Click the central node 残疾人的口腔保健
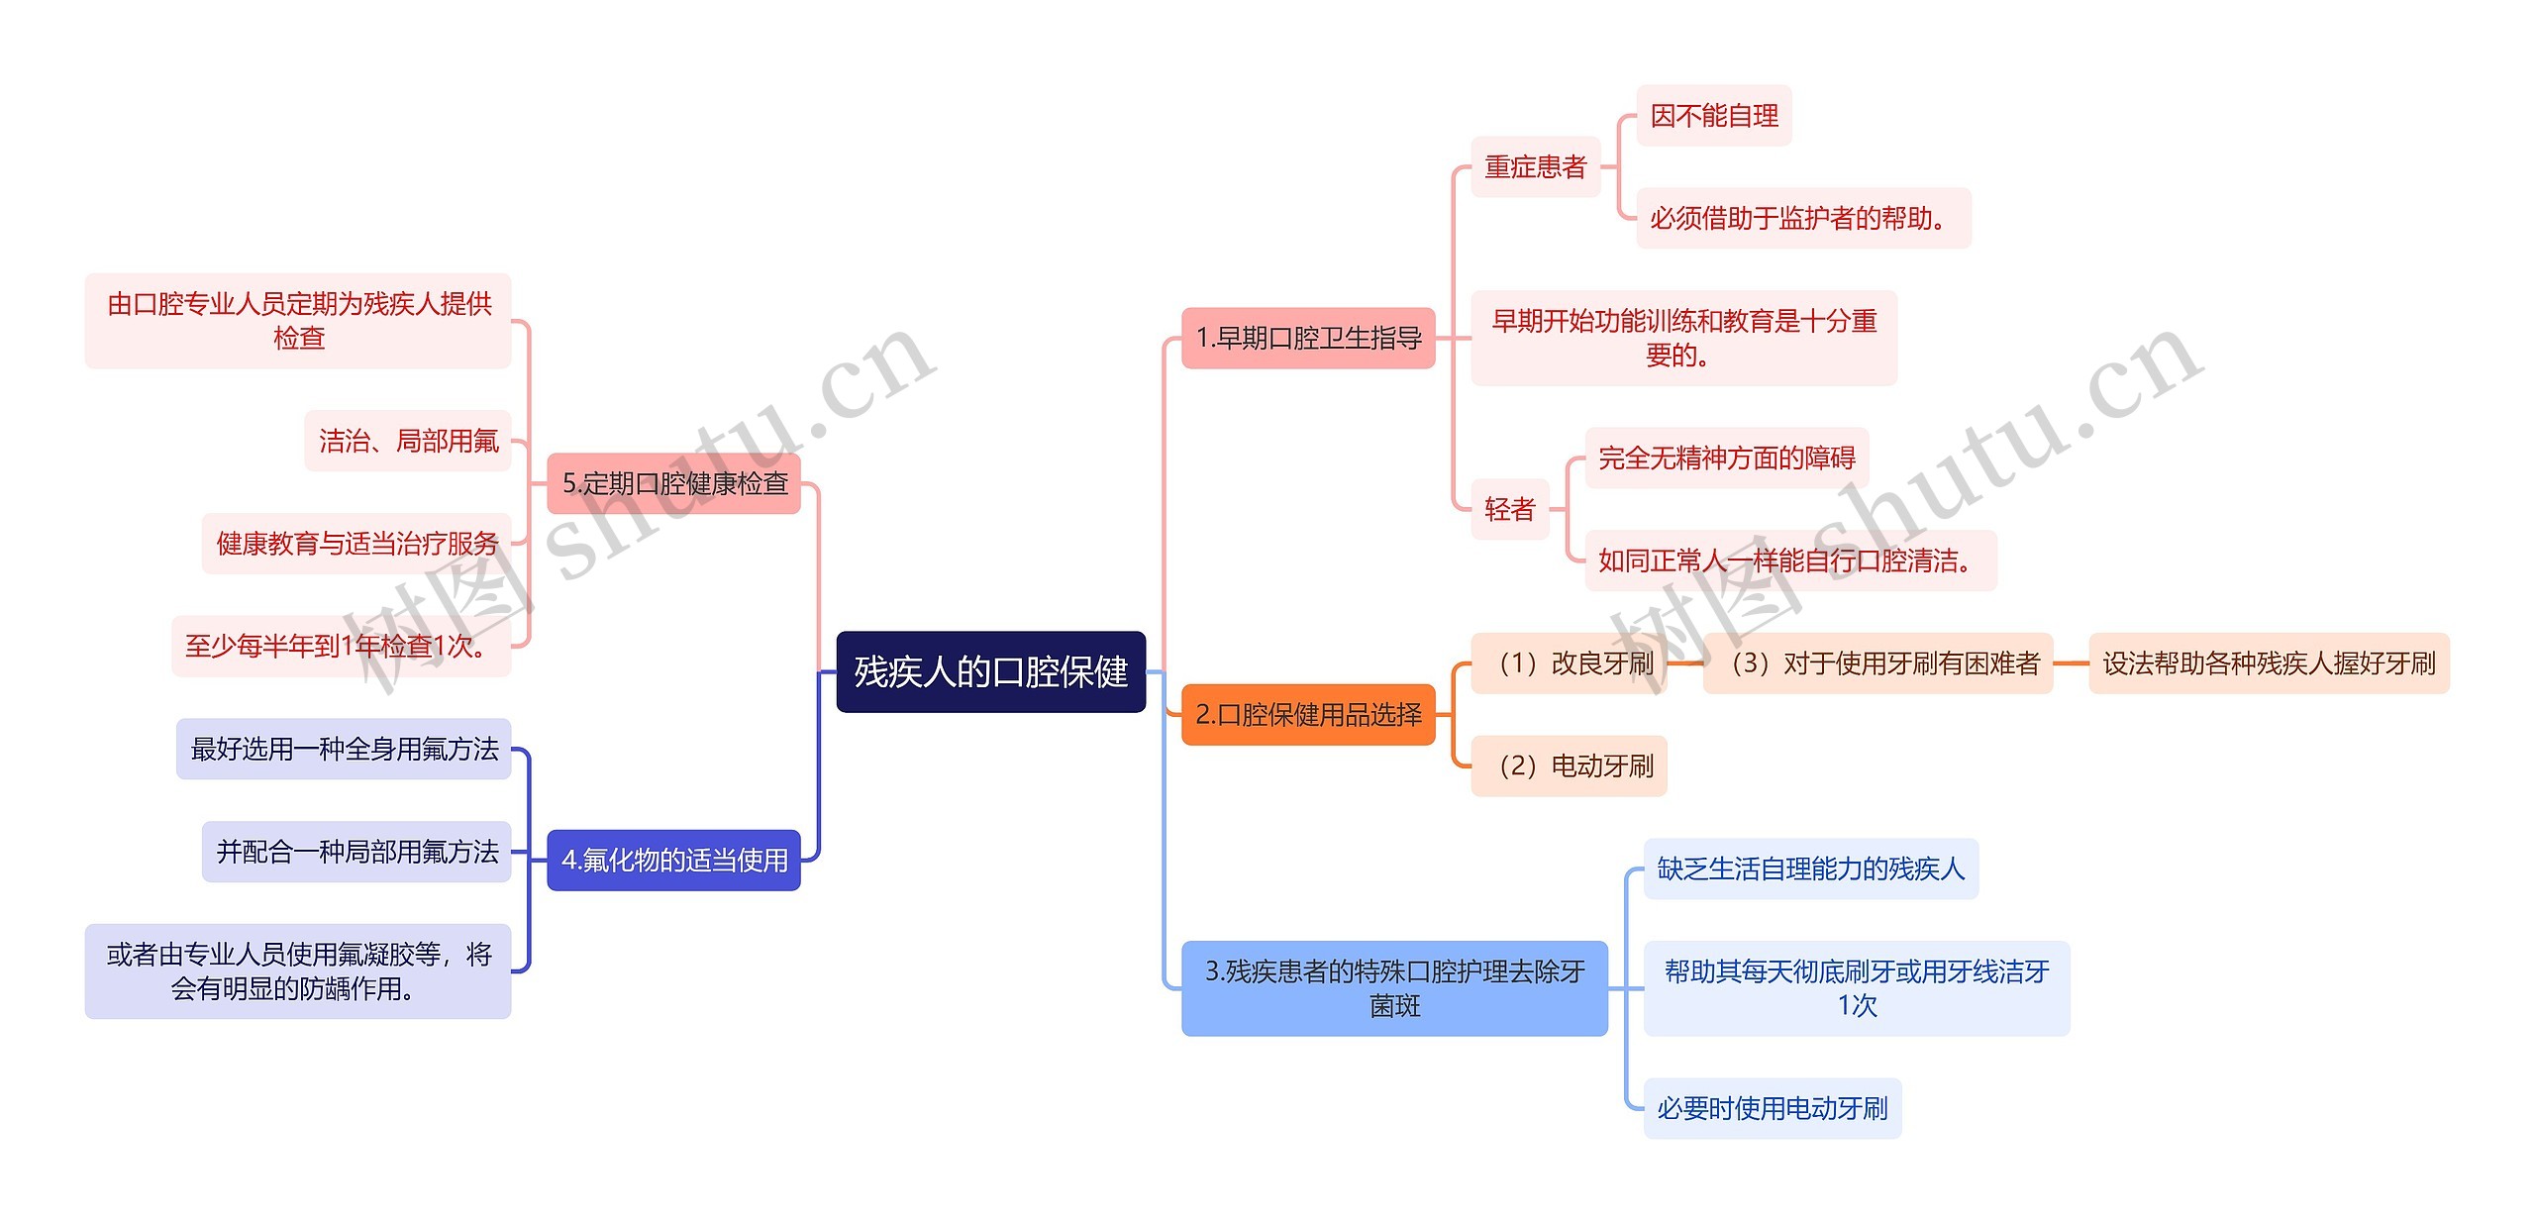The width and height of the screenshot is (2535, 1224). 990,671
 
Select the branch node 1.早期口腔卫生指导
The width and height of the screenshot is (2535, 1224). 1307,338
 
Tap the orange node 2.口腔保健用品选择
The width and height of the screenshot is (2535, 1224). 1307,714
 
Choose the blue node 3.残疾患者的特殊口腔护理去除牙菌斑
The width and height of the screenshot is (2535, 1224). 1393,987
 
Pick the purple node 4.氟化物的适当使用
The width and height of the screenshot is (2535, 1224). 673,860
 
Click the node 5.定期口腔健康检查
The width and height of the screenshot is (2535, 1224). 673,483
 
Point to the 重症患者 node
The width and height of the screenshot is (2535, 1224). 1535,166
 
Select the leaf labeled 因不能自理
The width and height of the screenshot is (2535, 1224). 1713,116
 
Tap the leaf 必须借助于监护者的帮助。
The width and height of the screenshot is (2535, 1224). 1802,218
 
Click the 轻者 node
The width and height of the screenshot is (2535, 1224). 1509,509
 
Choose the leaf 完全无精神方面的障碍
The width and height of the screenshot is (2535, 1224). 1726,458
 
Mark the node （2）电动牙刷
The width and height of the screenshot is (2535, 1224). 1569,765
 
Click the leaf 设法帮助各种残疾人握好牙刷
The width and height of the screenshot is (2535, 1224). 2268,663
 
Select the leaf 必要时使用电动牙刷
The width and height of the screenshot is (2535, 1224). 1772,1108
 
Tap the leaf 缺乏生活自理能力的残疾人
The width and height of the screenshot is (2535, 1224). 1810,868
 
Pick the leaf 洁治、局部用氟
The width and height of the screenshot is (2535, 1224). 408,441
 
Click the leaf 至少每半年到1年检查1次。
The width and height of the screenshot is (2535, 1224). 341,646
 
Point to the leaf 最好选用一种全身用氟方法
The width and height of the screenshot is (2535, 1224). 344,749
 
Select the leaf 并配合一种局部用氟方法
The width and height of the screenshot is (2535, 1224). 356,852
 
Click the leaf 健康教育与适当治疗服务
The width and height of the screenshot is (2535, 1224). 356,543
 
